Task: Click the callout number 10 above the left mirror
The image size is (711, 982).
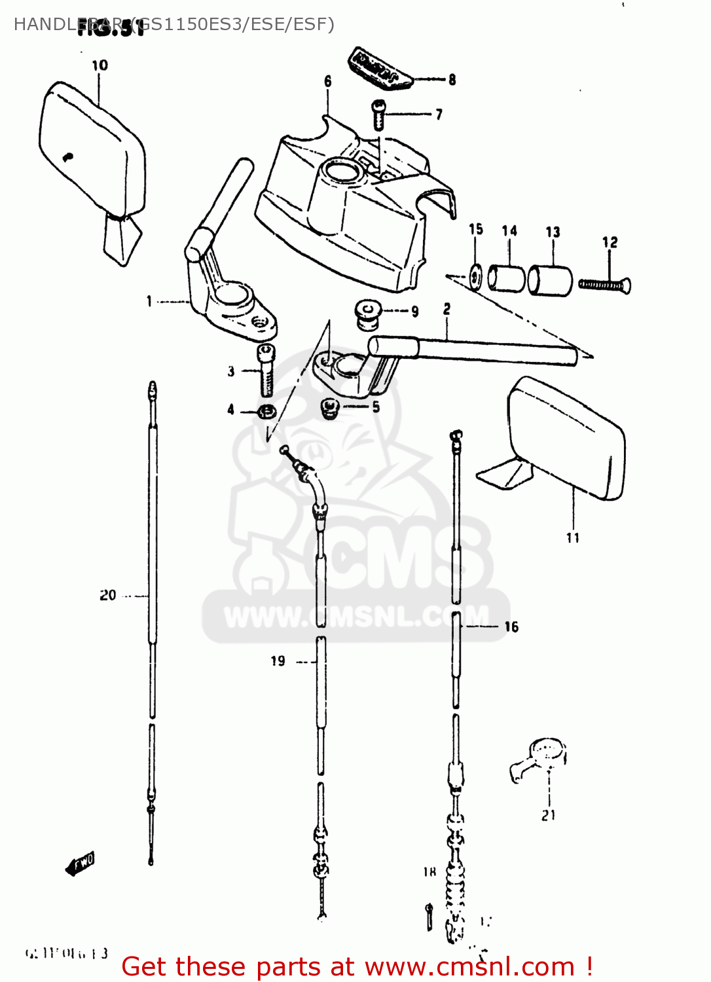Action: click(x=100, y=65)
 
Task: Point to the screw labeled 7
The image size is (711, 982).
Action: click(x=378, y=115)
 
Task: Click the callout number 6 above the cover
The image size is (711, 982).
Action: click(x=327, y=81)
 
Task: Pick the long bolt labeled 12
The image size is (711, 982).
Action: click(x=604, y=285)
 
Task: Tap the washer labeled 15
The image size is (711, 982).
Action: click(x=476, y=276)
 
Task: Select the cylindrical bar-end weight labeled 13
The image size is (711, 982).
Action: click(x=550, y=280)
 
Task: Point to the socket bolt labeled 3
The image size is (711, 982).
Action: click(x=267, y=371)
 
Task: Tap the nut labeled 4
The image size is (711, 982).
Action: click(x=266, y=412)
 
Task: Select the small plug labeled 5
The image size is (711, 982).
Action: click(x=329, y=408)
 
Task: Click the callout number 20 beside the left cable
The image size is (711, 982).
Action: click(x=108, y=595)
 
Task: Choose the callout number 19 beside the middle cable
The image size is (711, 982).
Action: click(x=278, y=661)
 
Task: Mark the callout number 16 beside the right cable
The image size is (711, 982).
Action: click(x=511, y=627)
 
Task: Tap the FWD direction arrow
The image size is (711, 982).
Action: click(x=81, y=864)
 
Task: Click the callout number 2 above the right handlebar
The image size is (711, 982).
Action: click(x=447, y=309)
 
